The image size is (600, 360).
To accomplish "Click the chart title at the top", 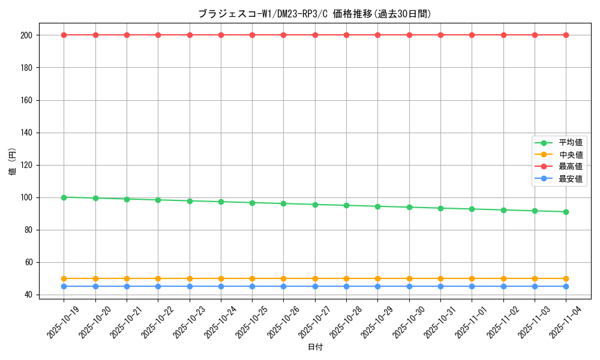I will point(314,14).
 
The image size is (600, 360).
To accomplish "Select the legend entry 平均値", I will point(570,143).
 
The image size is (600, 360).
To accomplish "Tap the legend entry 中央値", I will point(570,155).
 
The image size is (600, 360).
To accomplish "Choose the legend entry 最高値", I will point(570,167).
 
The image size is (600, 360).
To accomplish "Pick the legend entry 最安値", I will point(570,179).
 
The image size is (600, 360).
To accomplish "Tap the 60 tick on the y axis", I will point(29,262).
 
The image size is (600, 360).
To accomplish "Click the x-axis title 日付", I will point(315,347).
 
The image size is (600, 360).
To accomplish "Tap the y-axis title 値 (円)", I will point(13,161).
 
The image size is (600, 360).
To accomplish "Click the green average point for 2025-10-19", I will point(64,197).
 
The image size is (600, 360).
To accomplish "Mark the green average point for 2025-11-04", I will point(566,212).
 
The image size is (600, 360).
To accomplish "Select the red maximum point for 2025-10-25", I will point(252,35).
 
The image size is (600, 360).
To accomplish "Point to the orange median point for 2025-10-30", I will point(409,278).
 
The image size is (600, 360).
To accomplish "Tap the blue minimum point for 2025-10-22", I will point(158,286).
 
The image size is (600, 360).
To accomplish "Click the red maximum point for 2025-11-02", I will point(503,35).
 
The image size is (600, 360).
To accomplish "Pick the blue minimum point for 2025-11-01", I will point(472,286).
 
